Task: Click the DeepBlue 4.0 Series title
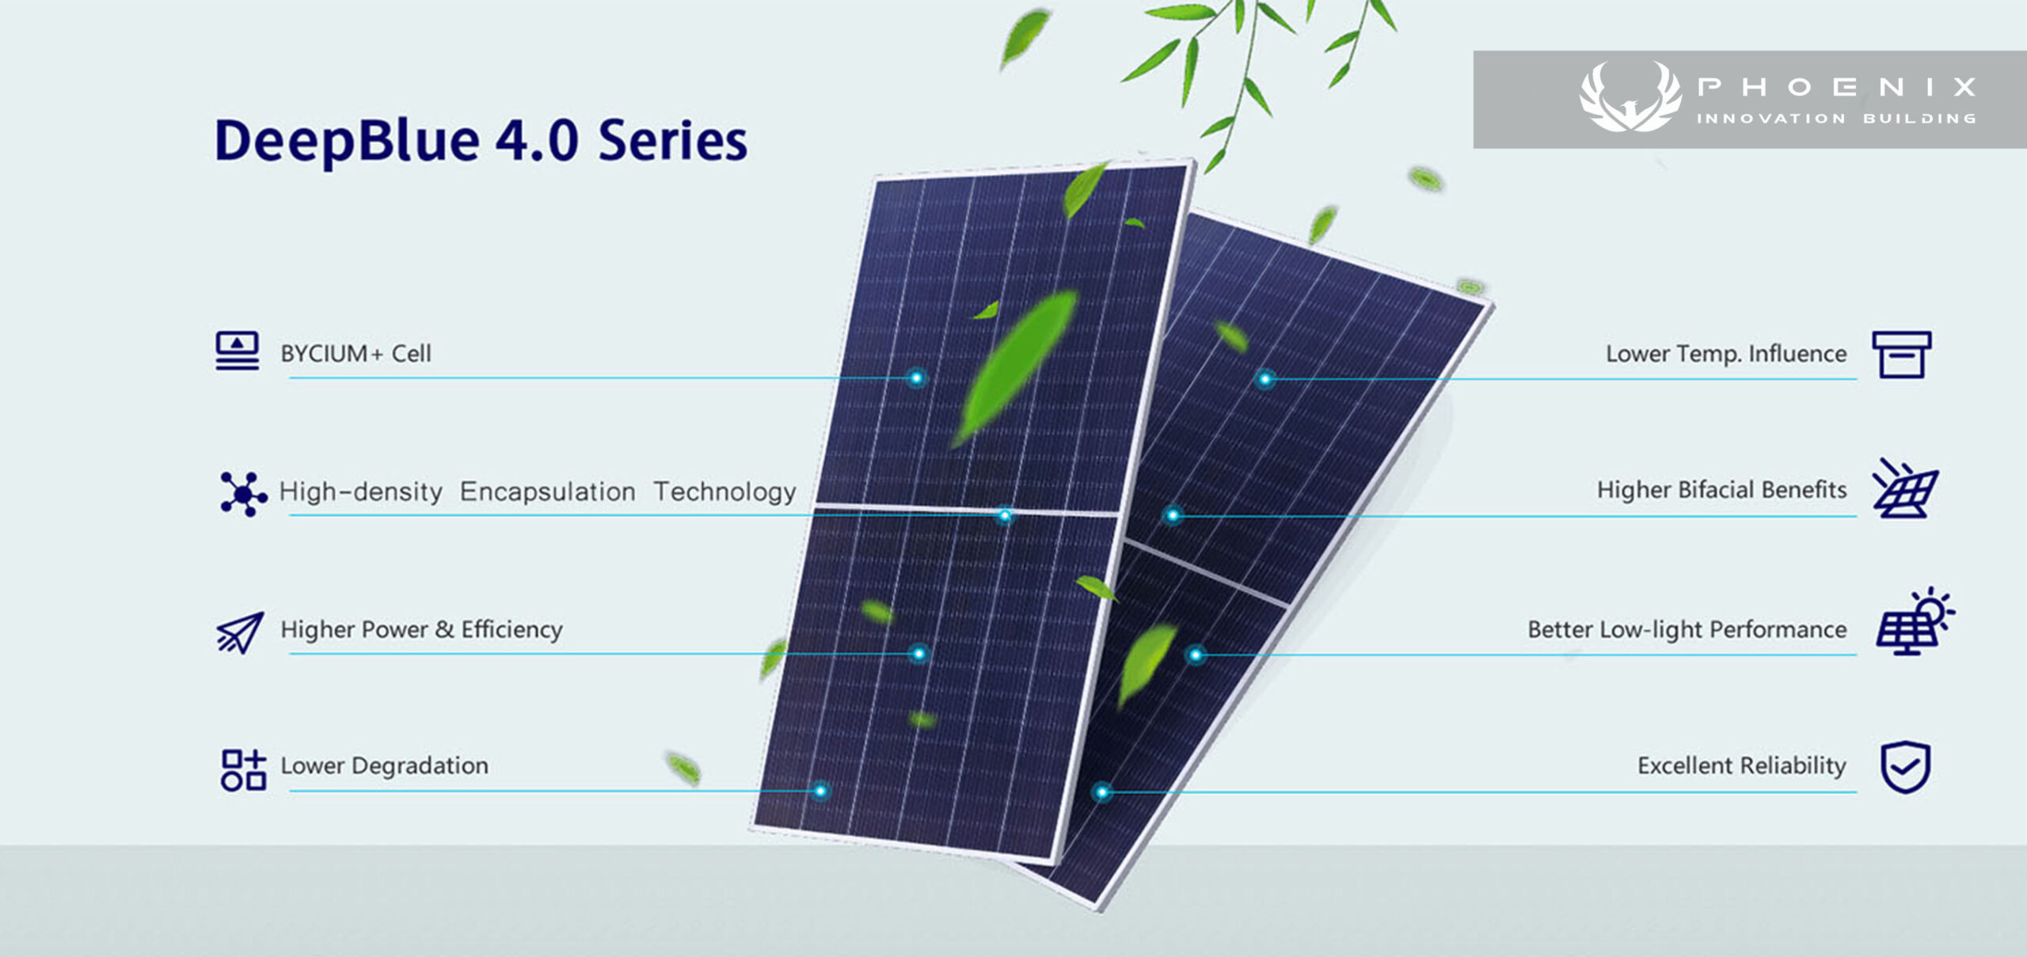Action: point(481,141)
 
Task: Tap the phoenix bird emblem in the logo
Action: point(1630,97)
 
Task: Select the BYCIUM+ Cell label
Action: point(356,353)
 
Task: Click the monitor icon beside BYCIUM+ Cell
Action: point(238,351)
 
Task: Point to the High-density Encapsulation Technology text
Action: point(538,492)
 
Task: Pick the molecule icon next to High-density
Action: point(243,494)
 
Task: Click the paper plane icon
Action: point(240,632)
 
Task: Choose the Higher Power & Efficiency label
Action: point(421,629)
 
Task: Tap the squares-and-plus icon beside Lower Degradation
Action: point(243,770)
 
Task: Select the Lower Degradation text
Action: point(384,765)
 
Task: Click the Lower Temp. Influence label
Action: point(1726,353)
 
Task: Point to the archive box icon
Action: point(1902,355)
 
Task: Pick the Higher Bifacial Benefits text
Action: point(1721,490)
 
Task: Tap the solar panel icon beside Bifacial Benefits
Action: point(1904,488)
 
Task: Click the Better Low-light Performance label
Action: point(1687,629)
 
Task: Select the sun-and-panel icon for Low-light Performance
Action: point(1913,622)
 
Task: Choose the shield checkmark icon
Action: point(1905,767)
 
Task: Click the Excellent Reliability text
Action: point(1742,765)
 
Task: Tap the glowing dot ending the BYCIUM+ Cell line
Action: point(916,378)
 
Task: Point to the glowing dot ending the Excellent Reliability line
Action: point(1101,792)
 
